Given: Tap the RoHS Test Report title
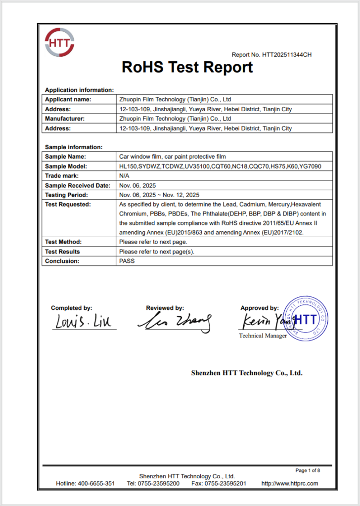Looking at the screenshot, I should tap(187, 67).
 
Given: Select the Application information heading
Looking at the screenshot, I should tap(79, 90).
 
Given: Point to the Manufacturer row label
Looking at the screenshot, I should tap(65, 119).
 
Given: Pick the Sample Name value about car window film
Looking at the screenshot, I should tap(172, 157).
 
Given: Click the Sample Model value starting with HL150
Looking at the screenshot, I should tap(220, 167).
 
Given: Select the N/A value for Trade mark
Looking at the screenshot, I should tap(124, 176).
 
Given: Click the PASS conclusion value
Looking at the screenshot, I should tap(127, 261).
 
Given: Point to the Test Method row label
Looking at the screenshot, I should tap(63, 242).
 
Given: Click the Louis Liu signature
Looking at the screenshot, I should tap(83, 322).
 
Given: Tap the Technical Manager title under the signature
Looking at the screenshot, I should tap(263, 336).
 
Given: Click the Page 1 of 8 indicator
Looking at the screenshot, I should tap(308, 470).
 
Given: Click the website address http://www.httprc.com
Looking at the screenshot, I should tap(289, 483).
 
